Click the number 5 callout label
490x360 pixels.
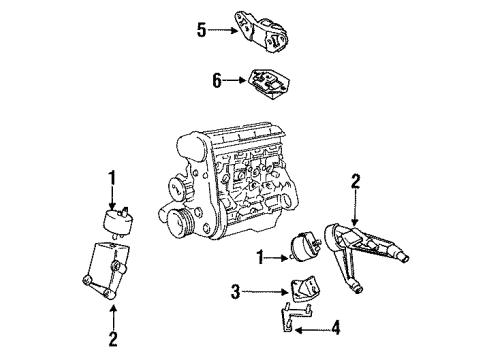pos(201,30)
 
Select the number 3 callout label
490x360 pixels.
pos(236,292)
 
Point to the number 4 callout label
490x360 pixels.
pos(336,326)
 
